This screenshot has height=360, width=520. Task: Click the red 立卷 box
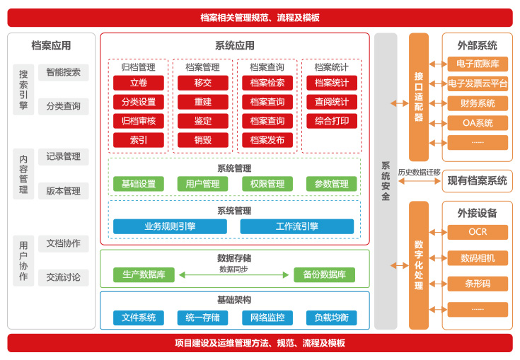[139, 83]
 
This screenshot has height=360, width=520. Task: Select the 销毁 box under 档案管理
[203, 140]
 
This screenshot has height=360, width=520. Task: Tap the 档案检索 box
[267, 83]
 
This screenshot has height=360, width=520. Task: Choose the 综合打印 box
[332, 121]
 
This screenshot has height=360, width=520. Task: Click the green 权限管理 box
[267, 184]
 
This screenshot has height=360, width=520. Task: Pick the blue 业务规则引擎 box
[170, 226]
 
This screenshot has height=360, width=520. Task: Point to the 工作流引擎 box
[296, 226]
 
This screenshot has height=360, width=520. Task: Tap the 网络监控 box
[267, 318]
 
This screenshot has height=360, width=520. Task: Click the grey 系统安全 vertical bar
[386, 181]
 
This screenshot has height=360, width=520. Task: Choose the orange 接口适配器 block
[419, 97]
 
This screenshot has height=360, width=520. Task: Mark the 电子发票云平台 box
[478, 83]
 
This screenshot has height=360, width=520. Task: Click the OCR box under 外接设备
[478, 232]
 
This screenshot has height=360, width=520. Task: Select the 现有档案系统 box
[478, 180]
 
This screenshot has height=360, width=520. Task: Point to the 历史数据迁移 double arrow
[419, 181]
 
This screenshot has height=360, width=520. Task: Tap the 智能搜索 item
[64, 72]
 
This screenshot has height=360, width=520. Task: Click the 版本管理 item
[64, 191]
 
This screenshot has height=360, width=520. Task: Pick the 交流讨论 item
[64, 277]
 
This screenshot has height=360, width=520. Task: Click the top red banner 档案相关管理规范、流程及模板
[260, 18]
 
